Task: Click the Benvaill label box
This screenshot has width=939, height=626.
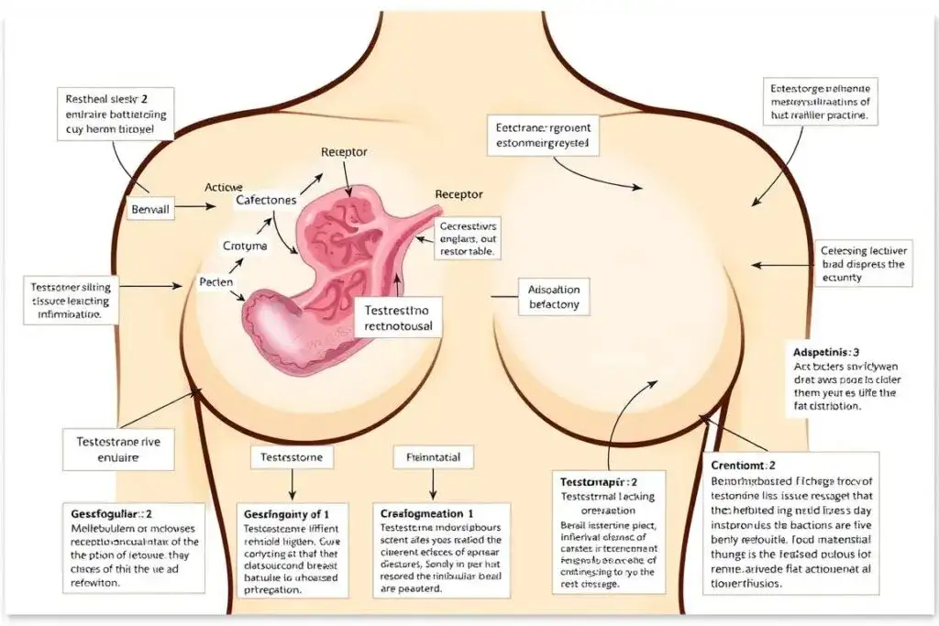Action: pos(151,208)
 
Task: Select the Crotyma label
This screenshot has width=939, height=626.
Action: pos(245,246)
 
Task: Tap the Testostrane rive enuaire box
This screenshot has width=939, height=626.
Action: pos(119,450)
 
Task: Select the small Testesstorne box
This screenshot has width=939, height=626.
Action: pos(292,456)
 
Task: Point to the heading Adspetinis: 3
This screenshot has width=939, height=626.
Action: pos(825,351)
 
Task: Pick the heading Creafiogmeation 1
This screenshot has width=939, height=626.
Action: pos(426,514)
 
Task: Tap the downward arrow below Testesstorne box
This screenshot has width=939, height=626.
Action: pos(292,483)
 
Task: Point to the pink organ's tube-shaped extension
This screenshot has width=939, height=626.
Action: pos(414,229)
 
